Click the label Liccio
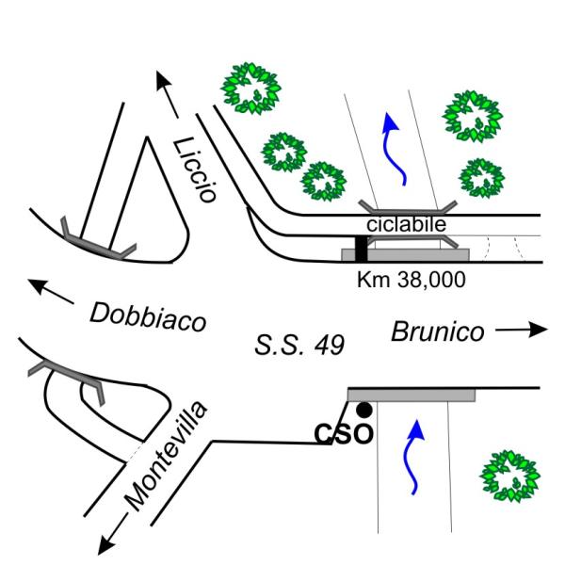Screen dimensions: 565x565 point(195,169)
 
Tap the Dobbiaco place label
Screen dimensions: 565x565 point(148,318)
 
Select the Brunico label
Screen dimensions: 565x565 point(438,331)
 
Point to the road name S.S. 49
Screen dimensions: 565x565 point(299,346)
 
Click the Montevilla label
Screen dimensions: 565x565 point(166,456)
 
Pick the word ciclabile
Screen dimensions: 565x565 point(407,224)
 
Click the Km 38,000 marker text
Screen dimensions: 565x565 point(412,280)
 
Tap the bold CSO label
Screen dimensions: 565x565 point(344,433)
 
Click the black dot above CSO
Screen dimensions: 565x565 point(363,410)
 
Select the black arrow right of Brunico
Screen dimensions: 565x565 point(522,329)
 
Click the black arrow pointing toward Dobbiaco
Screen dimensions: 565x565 point(51,291)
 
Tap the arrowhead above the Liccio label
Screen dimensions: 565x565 point(163,80)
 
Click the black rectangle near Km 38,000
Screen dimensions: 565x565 point(362,249)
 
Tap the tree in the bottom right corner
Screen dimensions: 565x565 point(509,476)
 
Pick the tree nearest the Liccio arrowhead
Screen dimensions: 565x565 point(251,89)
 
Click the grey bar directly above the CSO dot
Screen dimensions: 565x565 point(412,395)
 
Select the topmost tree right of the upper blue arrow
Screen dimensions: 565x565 point(473,116)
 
